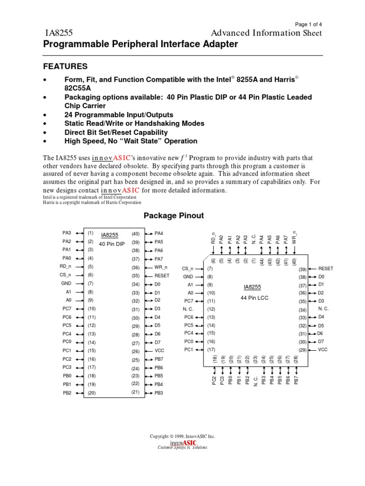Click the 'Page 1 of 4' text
coord(308,24)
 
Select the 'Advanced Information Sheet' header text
coord(266,33)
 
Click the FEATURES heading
coord(66,66)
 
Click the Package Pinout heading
coord(173,215)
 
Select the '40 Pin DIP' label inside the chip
coord(112,243)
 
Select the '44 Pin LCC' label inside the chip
coord(252,298)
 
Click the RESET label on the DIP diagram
coord(162,275)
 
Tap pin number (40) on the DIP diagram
coord(136,234)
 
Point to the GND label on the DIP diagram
coord(67,283)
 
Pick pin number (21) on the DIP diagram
coord(136,392)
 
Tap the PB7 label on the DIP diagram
coord(159,359)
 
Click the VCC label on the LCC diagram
coord(323,349)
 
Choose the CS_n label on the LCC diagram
coord(188,268)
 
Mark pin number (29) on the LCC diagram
coord(302,349)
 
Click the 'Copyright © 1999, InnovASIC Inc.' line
coord(182,436)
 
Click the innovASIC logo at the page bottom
coord(182,444)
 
